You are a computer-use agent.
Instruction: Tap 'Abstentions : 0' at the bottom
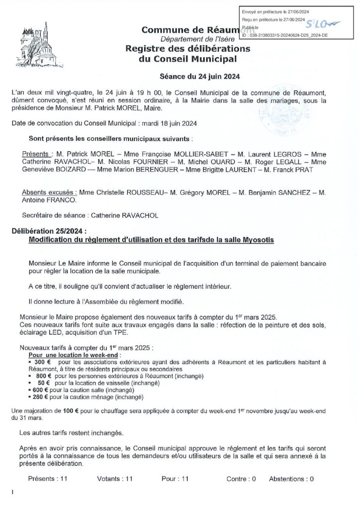pos(291,479)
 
